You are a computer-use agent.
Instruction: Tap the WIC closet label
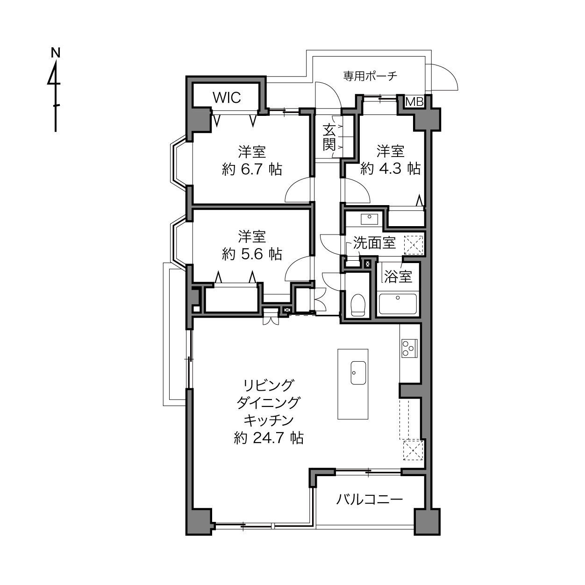coord(227,98)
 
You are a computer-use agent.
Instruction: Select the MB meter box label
coord(414,102)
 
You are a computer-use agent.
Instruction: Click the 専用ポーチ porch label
coord(370,76)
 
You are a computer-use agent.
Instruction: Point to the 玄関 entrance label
coord(329,137)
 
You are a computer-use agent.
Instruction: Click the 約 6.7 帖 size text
coord(252,170)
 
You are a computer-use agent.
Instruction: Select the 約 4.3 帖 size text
coord(391,168)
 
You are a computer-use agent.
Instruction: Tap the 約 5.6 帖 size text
coord(252,254)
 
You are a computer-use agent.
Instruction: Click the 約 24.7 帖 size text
coord(269,437)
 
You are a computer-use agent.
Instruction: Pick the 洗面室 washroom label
coord(374,243)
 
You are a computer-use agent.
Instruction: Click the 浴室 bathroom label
coord(398,276)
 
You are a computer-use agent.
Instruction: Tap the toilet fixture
coord(357,305)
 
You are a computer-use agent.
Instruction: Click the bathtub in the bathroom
coord(398,304)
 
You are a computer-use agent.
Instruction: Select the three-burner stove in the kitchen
coord(409,348)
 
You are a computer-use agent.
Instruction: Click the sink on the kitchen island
coord(358,373)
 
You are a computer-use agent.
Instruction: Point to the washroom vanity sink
coord(370,219)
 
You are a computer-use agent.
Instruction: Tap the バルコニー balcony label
coord(370,499)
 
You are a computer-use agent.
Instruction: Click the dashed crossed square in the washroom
coord(413,245)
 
